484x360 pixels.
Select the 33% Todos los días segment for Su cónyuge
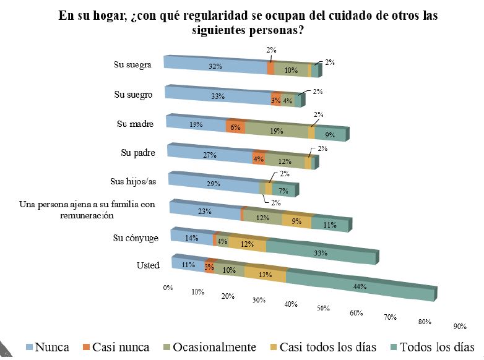coord(321,252)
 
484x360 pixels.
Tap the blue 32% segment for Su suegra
coord(215,66)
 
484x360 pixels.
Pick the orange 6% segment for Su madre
coord(236,126)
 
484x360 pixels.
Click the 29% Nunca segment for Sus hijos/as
coord(214,185)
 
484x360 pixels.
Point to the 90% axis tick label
coord(459,327)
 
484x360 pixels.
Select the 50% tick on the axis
coord(322,307)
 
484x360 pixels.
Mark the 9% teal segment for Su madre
coord(331,133)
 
